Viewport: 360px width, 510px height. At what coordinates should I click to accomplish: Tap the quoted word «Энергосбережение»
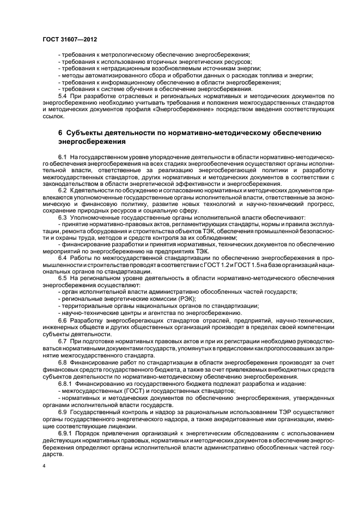185,109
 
